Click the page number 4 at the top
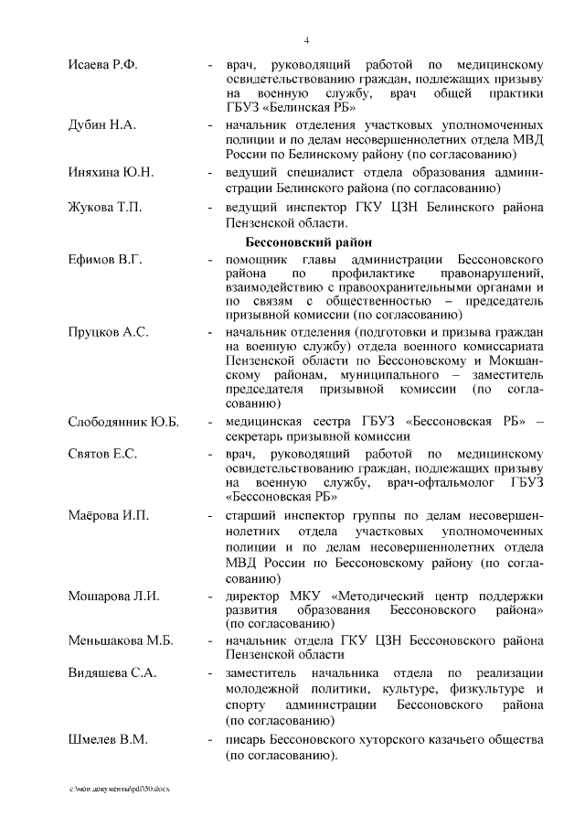306,39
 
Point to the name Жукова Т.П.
104,208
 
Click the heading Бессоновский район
310,242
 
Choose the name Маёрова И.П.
108,516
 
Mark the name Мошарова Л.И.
113,597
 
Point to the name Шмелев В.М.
107,739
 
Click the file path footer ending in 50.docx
119,789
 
